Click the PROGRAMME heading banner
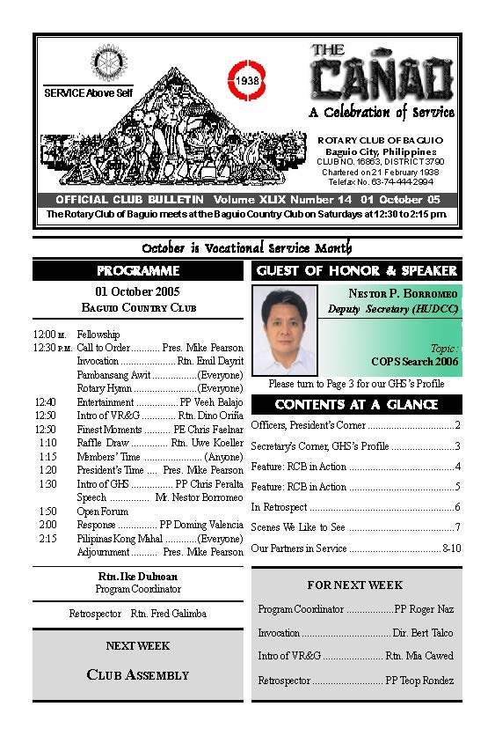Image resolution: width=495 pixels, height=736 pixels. (138, 271)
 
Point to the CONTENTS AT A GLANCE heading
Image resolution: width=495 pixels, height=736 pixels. (356, 405)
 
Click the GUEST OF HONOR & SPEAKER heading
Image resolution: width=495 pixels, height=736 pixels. (356, 271)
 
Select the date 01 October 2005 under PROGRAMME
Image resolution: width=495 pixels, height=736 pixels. (138, 292)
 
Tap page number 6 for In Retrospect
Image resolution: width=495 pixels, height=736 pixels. (457, 507)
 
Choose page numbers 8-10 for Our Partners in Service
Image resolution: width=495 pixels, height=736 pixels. (452, 548)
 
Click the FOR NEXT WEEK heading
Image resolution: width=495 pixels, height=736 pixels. (355, 585)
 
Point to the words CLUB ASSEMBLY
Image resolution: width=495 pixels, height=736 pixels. (138, 675)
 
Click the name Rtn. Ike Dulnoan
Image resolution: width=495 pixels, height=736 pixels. (138, 577)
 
